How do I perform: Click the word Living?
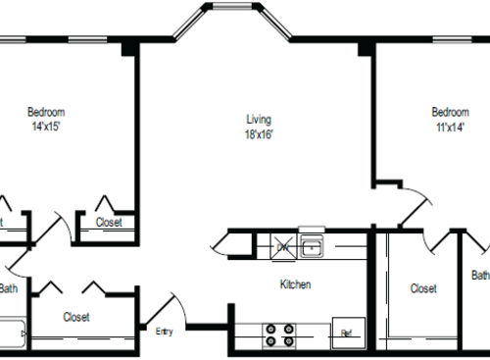tap(258, 120)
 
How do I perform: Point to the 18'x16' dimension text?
tap(259, 134)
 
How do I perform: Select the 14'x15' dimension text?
tap(46, 127)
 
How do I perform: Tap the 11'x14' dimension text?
tap(449, 127)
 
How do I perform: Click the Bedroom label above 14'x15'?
tap(46, 112)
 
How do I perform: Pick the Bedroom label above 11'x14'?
tap(449, 112)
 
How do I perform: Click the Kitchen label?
tap(295, 284)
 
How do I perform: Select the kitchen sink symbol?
tap(312, 244)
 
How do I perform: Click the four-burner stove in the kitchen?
tap(279, 335)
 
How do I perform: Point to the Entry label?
tap(164, 331)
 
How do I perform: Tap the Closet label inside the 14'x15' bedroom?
tap(109, 223)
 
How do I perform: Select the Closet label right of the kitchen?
tap(423, 288)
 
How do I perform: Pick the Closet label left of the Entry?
tap(76, 317)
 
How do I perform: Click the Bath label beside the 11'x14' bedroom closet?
tap(479, 276)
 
